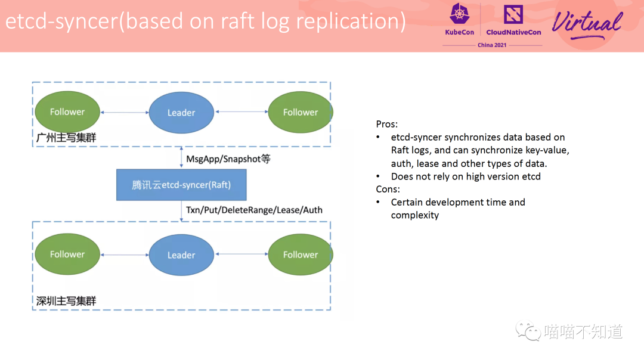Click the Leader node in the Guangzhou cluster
point(181,112)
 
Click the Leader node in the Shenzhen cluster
point(181,255)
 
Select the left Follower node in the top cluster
point(67,112)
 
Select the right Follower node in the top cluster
point(300,112)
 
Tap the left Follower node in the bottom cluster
point(67,255)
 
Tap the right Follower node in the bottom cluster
point(300,255)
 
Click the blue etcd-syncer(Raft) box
point(181,185)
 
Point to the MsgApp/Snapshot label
point(228,159)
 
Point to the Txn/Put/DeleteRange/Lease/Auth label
point(254,210)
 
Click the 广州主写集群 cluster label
point(66,138)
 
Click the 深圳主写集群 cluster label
point(66,301)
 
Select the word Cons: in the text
point(388,189)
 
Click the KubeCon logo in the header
point(459,19)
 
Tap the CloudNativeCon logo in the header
point(513,19)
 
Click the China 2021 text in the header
point(492,45)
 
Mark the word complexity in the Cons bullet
point(415,215)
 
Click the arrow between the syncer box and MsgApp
point(181,158)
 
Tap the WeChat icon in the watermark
point(528,331)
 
